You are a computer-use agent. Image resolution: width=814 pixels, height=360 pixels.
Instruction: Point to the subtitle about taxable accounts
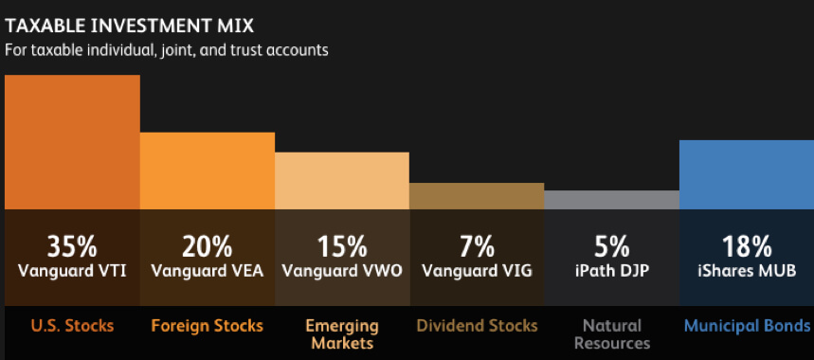[x=167, y=50]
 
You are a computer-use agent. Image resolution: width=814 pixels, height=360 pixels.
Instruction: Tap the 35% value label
[x=72, y=247]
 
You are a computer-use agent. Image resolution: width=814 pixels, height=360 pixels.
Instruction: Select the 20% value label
[x=208, y=247]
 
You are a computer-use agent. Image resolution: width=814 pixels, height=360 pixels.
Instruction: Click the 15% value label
[x=342, y=247]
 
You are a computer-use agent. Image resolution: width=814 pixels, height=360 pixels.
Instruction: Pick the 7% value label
[x=477, y=247]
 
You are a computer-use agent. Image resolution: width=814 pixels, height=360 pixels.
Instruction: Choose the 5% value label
[x=611, y=247]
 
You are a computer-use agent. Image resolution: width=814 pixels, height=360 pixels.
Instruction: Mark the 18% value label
[x=746, y=247]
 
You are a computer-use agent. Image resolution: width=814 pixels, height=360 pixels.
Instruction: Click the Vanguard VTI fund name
[x=72, y=271]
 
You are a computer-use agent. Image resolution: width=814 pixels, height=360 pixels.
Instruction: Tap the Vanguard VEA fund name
[x=208, y=271]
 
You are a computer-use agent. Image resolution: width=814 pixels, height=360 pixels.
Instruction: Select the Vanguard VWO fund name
[x=342, y=271]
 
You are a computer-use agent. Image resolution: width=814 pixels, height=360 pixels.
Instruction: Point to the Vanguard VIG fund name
[x=477, y=271]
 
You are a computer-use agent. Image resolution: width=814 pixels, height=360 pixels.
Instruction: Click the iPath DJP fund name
[x=611, y=271]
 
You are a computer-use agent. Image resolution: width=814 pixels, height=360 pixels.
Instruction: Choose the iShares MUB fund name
[x=746, y=271]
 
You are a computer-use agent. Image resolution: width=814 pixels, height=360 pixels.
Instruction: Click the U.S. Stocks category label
[x=72, y=326]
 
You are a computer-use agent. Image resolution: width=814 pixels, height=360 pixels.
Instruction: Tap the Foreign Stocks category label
[x=208, y=326]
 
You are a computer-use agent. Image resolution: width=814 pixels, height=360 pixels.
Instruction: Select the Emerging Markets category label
[x=342, y=333]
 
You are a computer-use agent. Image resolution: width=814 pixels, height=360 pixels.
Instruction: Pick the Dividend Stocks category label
[x=477, y=326]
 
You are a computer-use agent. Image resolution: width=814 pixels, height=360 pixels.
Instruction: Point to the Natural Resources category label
[x=611, y=333]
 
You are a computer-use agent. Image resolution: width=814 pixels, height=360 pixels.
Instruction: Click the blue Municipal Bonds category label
[x=747, y=326]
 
